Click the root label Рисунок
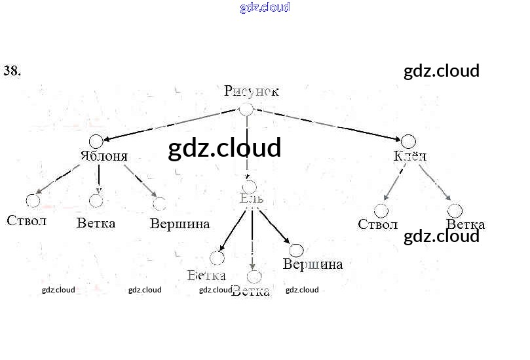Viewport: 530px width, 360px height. click(x=251, y=91)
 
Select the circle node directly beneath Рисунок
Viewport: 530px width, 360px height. click(x=246, y=110)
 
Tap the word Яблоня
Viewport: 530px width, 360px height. click(x=104, y=156)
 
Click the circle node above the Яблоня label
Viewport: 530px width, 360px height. click(x=96, y=141)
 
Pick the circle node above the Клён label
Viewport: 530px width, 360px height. click(x=408, y=141)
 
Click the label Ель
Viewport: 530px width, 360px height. click(x=252, y=198)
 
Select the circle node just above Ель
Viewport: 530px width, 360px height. click(x=249, y=187)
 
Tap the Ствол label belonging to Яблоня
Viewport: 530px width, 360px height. click(x=27, y=220)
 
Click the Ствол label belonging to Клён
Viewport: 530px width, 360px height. click(x=377, y=224)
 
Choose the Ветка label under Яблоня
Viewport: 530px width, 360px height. click(x=96, y=223)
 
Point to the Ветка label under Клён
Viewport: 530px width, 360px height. click(x=465, y=225)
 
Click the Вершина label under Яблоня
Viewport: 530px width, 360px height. click(x=180, y=224)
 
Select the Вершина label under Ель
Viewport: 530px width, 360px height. click(x=312, y=264)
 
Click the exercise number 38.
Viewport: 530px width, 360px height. click(x=12, y=71)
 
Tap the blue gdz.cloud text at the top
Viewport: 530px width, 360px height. click(x=265, y=8)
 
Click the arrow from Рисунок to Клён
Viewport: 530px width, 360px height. click(x=328, y=125)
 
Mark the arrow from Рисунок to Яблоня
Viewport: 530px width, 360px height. click(x=170, y=125)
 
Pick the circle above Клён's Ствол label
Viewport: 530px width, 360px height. click(x=381, y=210)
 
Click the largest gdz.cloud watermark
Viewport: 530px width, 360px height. click(x=225, y=148)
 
